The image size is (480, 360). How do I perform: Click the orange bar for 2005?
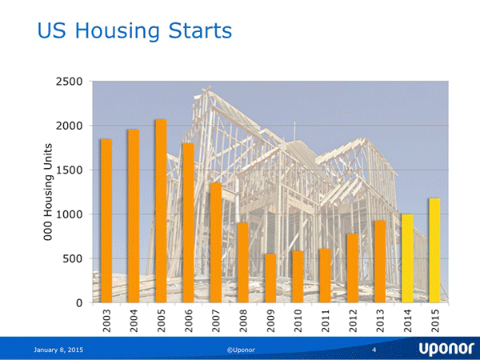coord(161,211)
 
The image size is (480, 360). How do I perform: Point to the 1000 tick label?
coord(71,214)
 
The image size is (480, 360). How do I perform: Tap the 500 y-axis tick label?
coord(74,258)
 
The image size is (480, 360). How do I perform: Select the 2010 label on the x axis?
coord(298,323)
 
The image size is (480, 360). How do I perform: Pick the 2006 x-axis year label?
coord(188,323)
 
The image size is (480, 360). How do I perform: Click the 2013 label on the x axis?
coord(380,323)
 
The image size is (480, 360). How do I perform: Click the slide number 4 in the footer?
coord(374,350)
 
